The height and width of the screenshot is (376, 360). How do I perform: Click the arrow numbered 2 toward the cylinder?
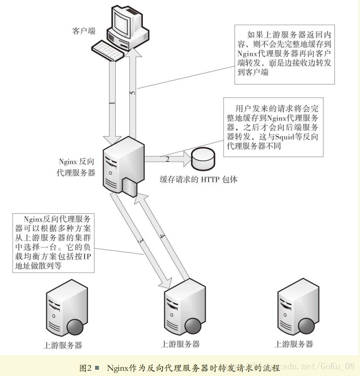[x=167, y=158]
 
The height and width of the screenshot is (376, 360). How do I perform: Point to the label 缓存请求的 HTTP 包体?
[x=199, y=180]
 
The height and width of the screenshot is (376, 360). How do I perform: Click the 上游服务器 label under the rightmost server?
[x=293, y=344]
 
